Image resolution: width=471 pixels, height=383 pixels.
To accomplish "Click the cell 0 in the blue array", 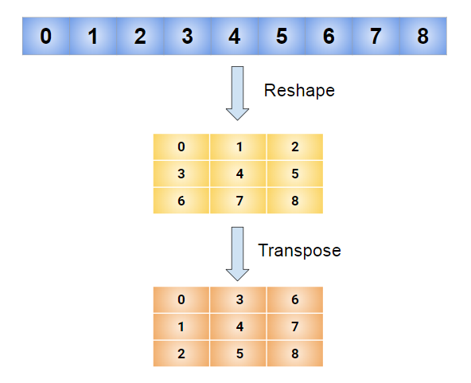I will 46,37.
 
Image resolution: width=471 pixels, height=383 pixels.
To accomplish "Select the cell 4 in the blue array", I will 234,37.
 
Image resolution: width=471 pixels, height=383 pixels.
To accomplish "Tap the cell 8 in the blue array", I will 422,37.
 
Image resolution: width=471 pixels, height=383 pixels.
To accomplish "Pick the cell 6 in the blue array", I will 328,37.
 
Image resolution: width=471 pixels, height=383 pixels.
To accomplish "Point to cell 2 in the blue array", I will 140,37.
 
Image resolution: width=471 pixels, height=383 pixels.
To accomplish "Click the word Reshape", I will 299,91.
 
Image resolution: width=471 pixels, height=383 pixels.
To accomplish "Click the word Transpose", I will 299,250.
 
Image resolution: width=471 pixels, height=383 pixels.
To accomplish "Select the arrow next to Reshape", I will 237,93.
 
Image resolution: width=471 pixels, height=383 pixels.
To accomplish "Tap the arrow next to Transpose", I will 237,253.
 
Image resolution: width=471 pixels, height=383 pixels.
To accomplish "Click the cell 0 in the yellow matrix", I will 181,147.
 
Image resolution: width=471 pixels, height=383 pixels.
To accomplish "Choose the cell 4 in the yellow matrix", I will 238,174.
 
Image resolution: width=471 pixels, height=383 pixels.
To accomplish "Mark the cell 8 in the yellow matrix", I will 294,201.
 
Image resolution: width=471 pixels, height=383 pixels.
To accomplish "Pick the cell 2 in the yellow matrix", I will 294,147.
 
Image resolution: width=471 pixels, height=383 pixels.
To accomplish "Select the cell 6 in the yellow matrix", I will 181,201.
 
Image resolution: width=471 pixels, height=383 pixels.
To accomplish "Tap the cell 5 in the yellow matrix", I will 294,174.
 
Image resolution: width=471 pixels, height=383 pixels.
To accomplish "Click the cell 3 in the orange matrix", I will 238,299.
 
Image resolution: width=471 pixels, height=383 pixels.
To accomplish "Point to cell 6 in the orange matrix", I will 294,299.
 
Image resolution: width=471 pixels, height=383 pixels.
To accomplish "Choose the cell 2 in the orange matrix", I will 181,353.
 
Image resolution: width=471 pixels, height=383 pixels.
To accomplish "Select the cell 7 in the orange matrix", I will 294,326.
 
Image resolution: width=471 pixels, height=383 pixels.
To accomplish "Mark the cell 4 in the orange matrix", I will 238,326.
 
